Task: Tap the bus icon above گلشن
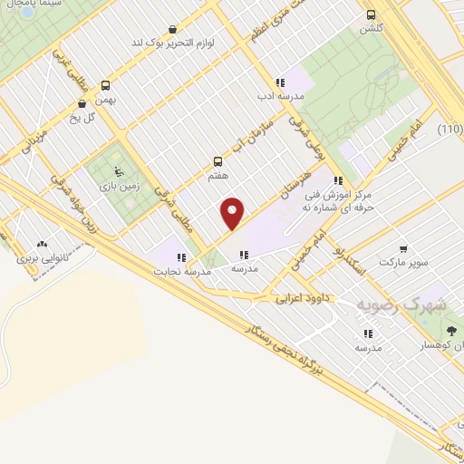point(370,14)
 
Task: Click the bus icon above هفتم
point(217,161)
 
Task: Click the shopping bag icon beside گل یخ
point(82,103)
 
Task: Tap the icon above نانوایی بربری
point(42,244)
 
